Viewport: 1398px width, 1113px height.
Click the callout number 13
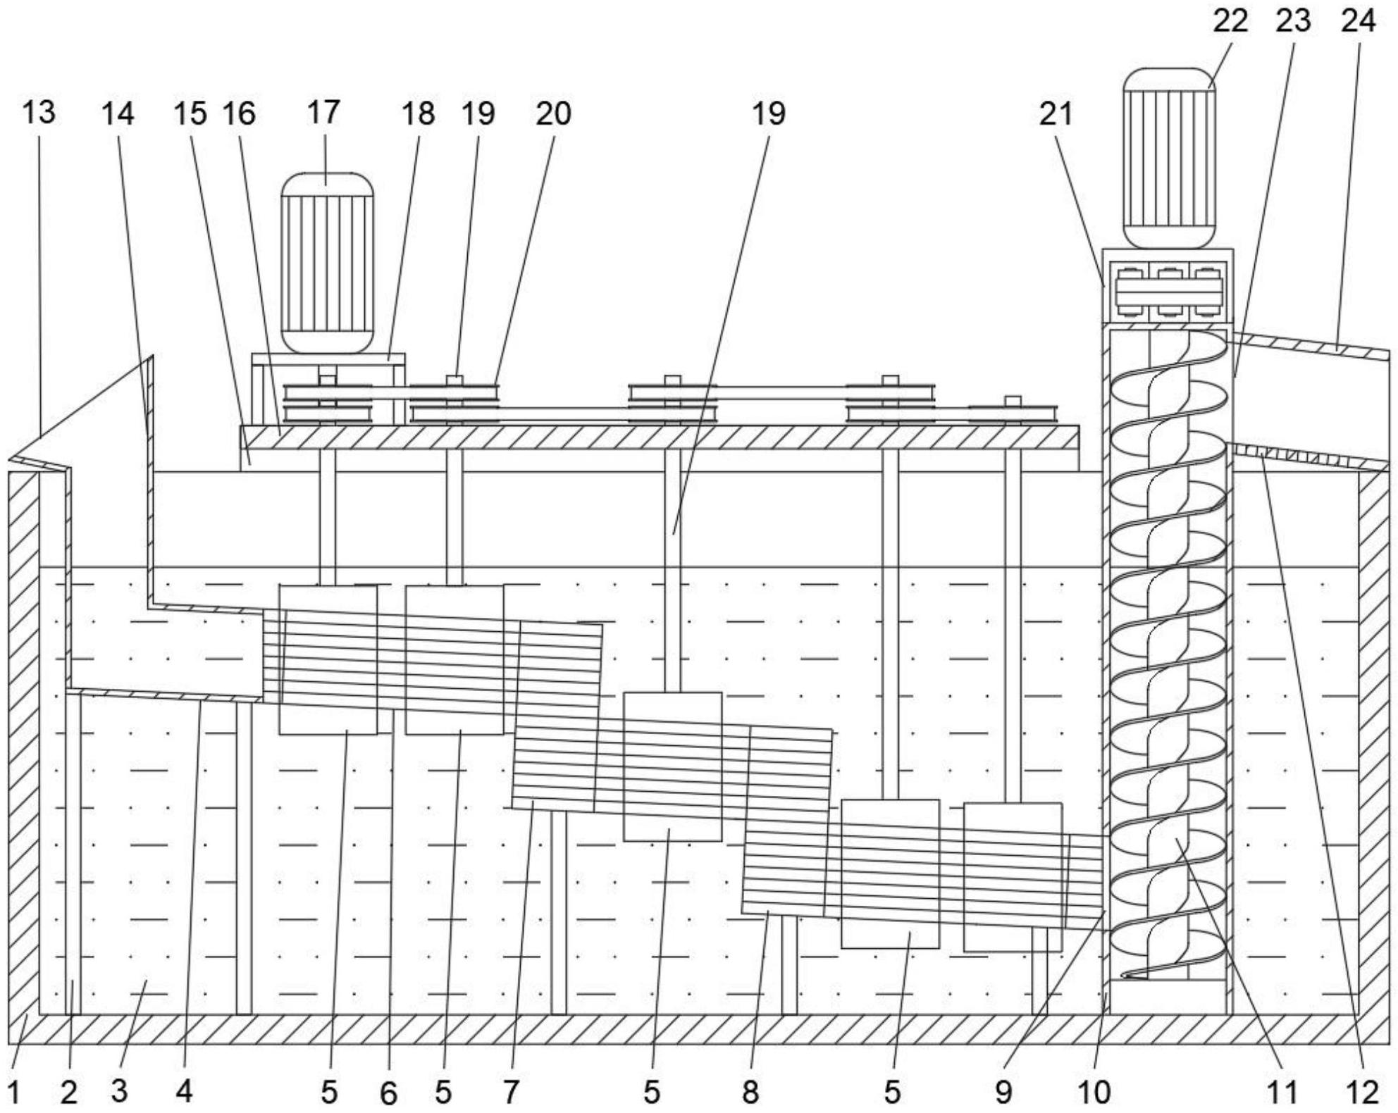pos(38,113)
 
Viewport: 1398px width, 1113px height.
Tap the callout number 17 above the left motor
pos(323,113)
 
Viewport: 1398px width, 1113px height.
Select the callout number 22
pos(1230,21)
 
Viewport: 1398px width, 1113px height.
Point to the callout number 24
pos(1358,21)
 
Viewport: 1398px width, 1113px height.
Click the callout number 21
pos(1056,113)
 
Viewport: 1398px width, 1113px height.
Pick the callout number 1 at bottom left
pos(15,1093)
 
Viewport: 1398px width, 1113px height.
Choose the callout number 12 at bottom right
pos(1362,1093)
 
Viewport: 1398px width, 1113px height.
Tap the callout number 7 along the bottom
pos(511,1093)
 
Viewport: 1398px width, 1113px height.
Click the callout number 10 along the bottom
pos(1094,1093)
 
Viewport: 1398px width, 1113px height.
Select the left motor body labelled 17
pos(327,263)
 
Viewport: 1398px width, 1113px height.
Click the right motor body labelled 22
pos(1168,158)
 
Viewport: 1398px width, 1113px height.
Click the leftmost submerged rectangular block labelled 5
pos(328,660)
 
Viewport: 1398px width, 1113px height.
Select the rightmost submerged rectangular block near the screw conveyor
pos(1013,877)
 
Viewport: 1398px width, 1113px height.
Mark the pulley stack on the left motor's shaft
pos(327,404)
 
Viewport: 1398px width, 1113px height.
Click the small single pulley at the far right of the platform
pos(1013,414)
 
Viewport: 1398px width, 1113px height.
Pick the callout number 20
pos(553,113)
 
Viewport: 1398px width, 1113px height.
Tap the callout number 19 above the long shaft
pos(768,113)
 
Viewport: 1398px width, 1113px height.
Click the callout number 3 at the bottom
pos(119,1093)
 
